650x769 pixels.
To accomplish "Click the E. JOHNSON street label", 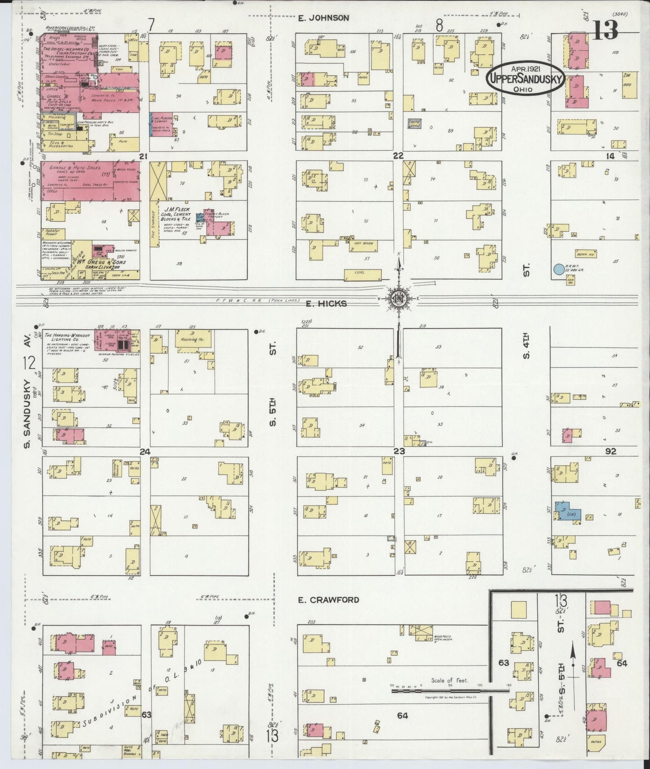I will (x=323, y=18).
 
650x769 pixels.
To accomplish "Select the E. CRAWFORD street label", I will (x=328, y=599).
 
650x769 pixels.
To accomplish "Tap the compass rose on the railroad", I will (x=399, y=298).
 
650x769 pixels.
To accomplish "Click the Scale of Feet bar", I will (x=450, y=689).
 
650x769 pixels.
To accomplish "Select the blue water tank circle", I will (x=558, y=269).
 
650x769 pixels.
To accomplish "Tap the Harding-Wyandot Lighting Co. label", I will (x=68, y=339).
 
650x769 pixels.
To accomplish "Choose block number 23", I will (x=399, y=451).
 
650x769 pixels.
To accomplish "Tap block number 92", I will (x=610, y=451).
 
